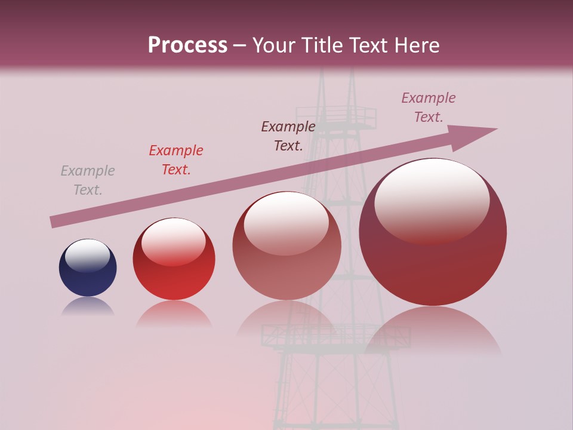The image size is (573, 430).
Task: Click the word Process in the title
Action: click(187, 45)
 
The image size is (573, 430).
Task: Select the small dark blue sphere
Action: click(88, 268)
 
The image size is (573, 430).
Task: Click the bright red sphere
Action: click(174, 259)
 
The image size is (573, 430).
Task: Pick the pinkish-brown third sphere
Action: click(286, 246)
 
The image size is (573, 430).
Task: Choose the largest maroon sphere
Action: click(433, 232)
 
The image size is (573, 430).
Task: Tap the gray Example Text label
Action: click(88, 180)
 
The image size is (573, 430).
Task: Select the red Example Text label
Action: click(176, 160)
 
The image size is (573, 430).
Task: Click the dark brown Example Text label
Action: click(288, 136)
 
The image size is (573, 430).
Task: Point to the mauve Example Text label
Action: click(429, 107)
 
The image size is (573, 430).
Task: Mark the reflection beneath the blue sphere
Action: click(88, 306)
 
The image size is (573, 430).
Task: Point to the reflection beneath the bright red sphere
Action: click(174, 313)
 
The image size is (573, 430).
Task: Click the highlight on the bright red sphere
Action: click(174, 240)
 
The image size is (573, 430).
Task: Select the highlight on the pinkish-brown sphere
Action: click(286, 222)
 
